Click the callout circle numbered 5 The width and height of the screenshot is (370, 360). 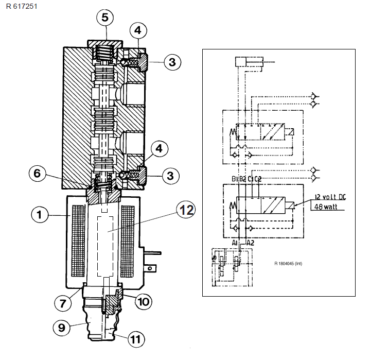coord(105,18)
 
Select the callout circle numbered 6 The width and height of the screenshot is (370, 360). coord(37,173)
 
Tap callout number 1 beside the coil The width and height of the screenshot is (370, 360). coord(40,215)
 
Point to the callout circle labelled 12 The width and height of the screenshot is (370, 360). coord(186,210)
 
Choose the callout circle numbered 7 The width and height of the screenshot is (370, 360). coord(63,303)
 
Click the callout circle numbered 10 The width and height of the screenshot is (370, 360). coord(144,302)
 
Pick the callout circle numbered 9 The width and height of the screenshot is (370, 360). coord(61,328)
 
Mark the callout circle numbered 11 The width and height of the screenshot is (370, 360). coord(136,339)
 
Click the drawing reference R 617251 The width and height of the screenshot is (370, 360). coord(22,6)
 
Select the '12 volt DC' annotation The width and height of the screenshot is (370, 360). coord(330,197)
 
